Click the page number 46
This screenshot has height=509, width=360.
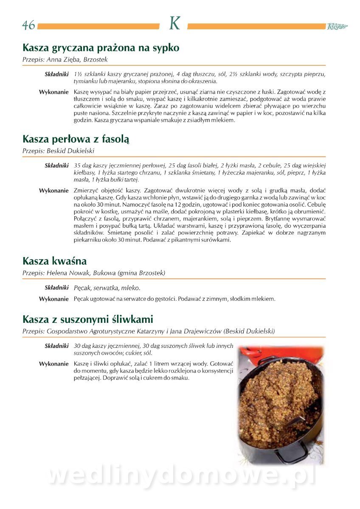click(x=29, y=25)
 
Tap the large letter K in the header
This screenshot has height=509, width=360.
click(x=174, y=24)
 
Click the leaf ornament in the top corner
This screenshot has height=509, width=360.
click(x=337, y=26)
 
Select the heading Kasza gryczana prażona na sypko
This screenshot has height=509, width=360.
click(x=101, y=48)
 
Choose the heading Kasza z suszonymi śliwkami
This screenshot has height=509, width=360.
click(x=88, y=319)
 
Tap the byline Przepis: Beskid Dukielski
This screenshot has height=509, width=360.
click(x=58, y=151)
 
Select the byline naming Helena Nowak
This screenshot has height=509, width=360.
click(x=94, y=273)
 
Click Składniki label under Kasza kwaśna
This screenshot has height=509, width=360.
click(x=56, y=288)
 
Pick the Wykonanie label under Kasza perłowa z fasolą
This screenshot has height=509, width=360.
click(x=54, y=191)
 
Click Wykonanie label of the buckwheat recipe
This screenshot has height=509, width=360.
click(x=54, y=92)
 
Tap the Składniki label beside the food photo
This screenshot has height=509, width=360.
click(x=56, y=346)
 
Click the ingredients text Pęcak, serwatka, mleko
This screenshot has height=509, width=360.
click(x=107, y=288)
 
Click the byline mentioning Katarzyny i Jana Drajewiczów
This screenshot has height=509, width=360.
click(x=149, y=331)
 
